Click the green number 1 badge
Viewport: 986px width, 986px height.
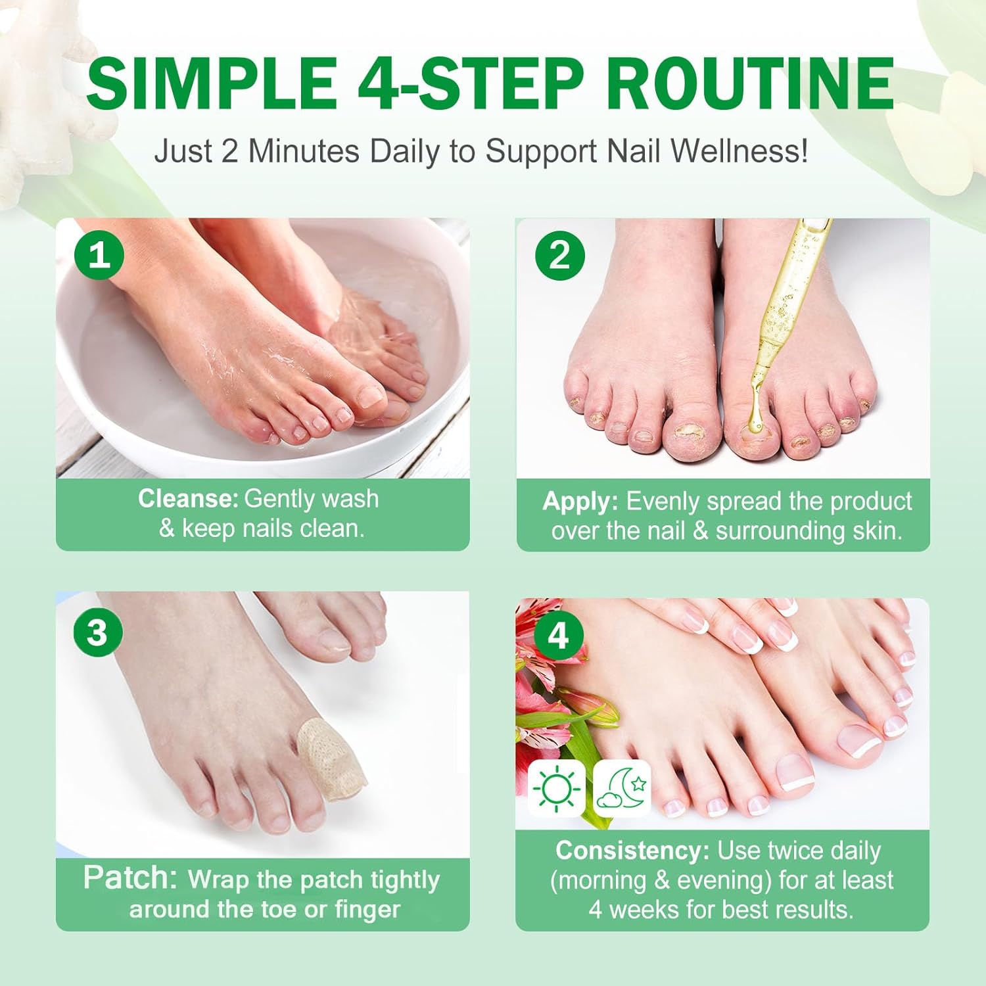(x=100, y=254)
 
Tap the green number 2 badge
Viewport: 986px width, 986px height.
(x=559, y=254)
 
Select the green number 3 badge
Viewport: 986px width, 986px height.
(x=97, y=632)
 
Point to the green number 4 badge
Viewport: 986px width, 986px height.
(x=557, y=636)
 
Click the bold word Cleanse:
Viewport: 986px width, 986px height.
(x=188, y=499)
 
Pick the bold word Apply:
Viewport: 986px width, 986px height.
(x=580, y=502)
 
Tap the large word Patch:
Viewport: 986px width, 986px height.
(x=130, y=878)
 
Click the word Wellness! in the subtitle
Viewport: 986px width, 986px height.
(x=739, y=152)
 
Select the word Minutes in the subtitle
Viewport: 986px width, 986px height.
(x=303, y=152)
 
